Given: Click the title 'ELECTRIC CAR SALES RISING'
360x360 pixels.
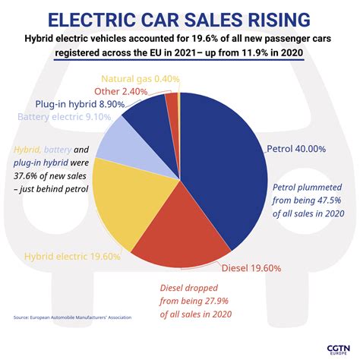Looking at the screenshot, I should click(x=180, y=18).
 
